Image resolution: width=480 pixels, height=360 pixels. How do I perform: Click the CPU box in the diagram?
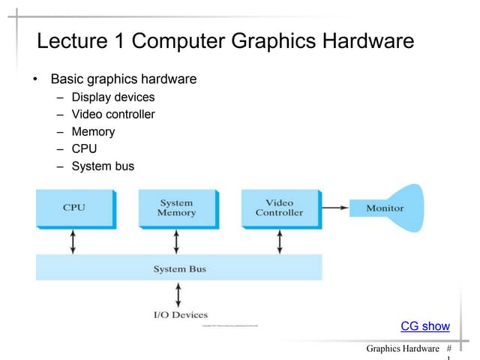tap(74, 208)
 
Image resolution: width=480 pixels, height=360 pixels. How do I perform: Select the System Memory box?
tap(176, 208)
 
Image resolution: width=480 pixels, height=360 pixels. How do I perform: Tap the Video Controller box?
tap(279, 208)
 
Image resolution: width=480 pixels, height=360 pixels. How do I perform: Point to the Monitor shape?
tap(386, 208)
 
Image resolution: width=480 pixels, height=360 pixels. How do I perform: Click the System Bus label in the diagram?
tap(179, 268)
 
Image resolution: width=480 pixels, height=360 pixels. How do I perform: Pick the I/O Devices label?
tap(180, 315)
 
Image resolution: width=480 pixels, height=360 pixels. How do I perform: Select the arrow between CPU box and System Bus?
tap(73, 241)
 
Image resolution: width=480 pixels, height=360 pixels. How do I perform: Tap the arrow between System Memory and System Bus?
tap(176, 241)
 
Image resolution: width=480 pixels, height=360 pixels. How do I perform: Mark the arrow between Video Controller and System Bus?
tap(279, 241)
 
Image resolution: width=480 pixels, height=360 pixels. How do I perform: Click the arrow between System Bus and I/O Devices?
tap(178, 294)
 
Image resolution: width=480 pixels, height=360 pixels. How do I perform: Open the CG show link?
tap(425, 326)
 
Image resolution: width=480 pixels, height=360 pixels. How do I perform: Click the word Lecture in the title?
tap(71, 41)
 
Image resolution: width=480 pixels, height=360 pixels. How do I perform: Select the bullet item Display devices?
tap(113, 97)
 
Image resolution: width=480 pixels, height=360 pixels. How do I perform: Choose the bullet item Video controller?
tap(113, 114)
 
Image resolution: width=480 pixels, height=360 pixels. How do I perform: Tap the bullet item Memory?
tap(93, 131)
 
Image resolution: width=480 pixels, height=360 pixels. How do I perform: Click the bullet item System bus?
tap(103, 166)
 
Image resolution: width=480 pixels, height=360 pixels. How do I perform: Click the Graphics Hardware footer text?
tap(403, 349)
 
